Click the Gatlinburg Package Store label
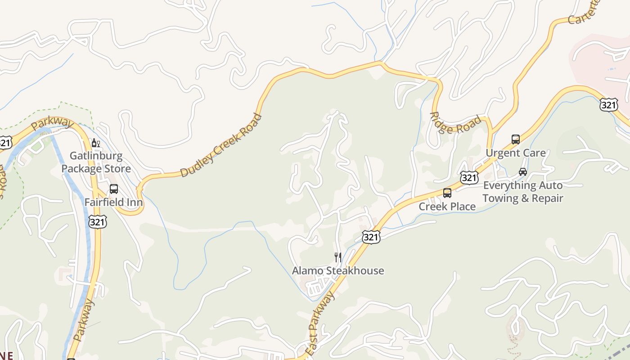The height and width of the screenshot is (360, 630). tap(96, 162)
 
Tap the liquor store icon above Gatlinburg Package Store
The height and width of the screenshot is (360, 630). tap(95, 143)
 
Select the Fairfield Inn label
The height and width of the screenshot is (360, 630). tap(114, 202)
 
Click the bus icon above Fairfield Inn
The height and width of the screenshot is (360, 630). tap(114, 189)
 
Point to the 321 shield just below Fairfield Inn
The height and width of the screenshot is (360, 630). tap(98, 222)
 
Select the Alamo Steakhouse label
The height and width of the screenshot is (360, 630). tap(338, 270)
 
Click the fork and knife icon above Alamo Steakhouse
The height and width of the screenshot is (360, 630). tap(338, 257)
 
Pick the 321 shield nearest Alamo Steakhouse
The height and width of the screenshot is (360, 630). tap(371, 237)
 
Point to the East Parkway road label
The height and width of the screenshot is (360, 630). tap(320, 323)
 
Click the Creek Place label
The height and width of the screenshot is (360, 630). tap(447, 207)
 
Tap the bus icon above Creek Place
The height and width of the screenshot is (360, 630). tap(447, 193)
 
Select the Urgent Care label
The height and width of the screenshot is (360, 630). tap(515, 153)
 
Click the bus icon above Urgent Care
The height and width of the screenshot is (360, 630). tap(516, 139)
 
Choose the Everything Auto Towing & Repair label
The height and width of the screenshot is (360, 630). tap(522, 192)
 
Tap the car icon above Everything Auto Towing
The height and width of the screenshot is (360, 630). tap(522, 172)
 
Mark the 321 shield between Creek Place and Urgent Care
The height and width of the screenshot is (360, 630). tap(469, 178)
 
